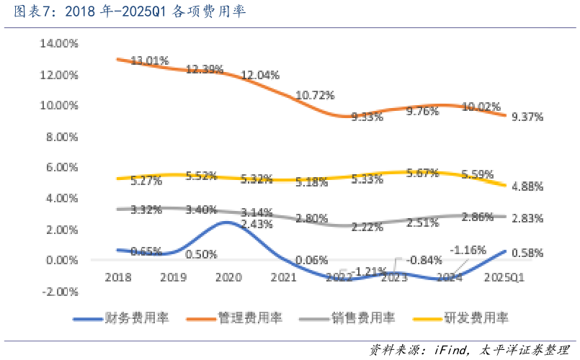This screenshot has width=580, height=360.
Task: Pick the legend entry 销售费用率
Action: pyautogui.click(x=365, y=318)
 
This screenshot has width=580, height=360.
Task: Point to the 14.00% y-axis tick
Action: pyautogui.click(x=58, y=43)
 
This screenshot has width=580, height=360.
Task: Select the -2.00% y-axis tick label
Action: pyautogui.click(x=60, y=292)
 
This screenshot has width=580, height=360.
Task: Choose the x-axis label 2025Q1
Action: pyautogui.click(x=504, y=276)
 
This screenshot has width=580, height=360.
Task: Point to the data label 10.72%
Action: pyautogui.click(x=313, y=95)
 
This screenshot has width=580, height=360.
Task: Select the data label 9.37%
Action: pyautogui.click(x=527, y=117)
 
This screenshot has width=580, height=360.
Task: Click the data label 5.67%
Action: pyautogui.click(x=423, y=173)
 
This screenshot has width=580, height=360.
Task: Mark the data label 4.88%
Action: pyautogui.click(x=527, y=186)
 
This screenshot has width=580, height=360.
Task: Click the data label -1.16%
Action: pyautogui.click(x=468, y=250)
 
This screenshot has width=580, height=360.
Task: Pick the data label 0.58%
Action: pyautogui.click(x=527, y=253)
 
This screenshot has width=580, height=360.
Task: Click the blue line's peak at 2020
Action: pyautogui.click(x=227, y=222)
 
